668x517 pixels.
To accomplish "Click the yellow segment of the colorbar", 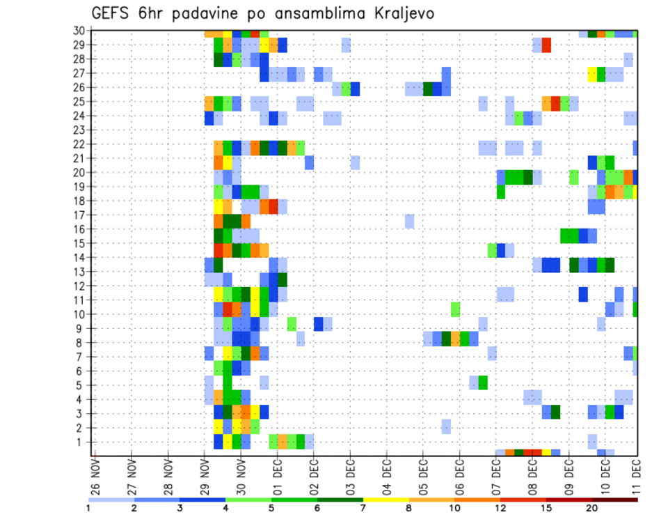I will pyautogui.click(x=386, y=500).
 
